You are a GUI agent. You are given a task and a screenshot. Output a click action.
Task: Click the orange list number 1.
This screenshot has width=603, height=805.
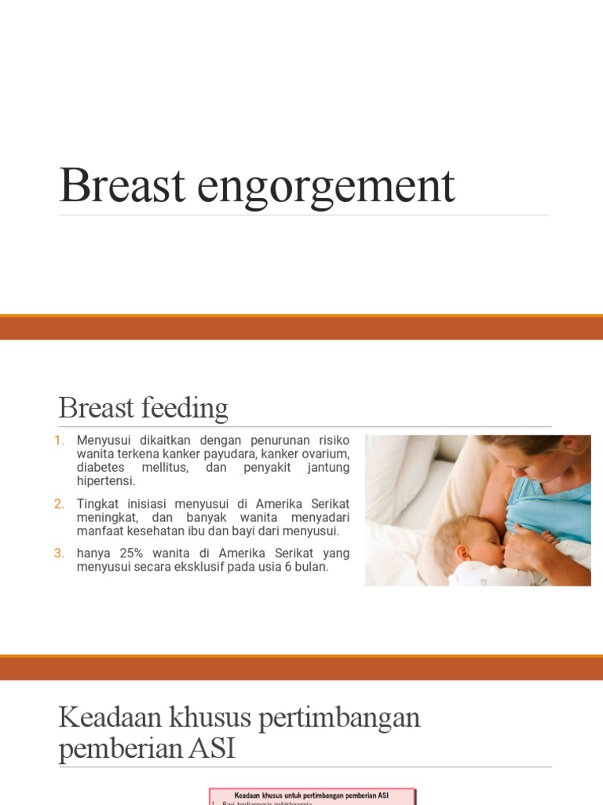coord(60,440)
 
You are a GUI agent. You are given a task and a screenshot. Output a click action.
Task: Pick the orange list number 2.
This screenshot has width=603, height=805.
coord(60,504)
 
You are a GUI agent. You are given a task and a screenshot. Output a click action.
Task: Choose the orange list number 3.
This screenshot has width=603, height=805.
coord(60,553)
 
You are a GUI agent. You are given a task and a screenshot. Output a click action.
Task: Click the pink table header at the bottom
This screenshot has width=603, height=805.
coord(312,796)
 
